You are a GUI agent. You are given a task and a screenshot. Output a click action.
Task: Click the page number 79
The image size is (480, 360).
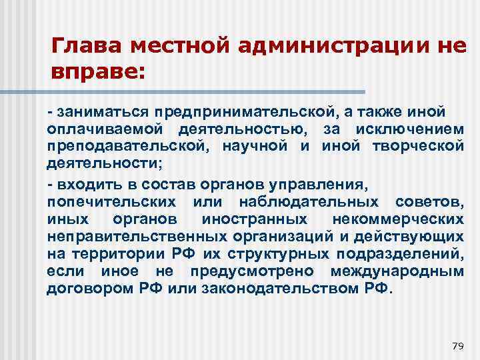[457, 345]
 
